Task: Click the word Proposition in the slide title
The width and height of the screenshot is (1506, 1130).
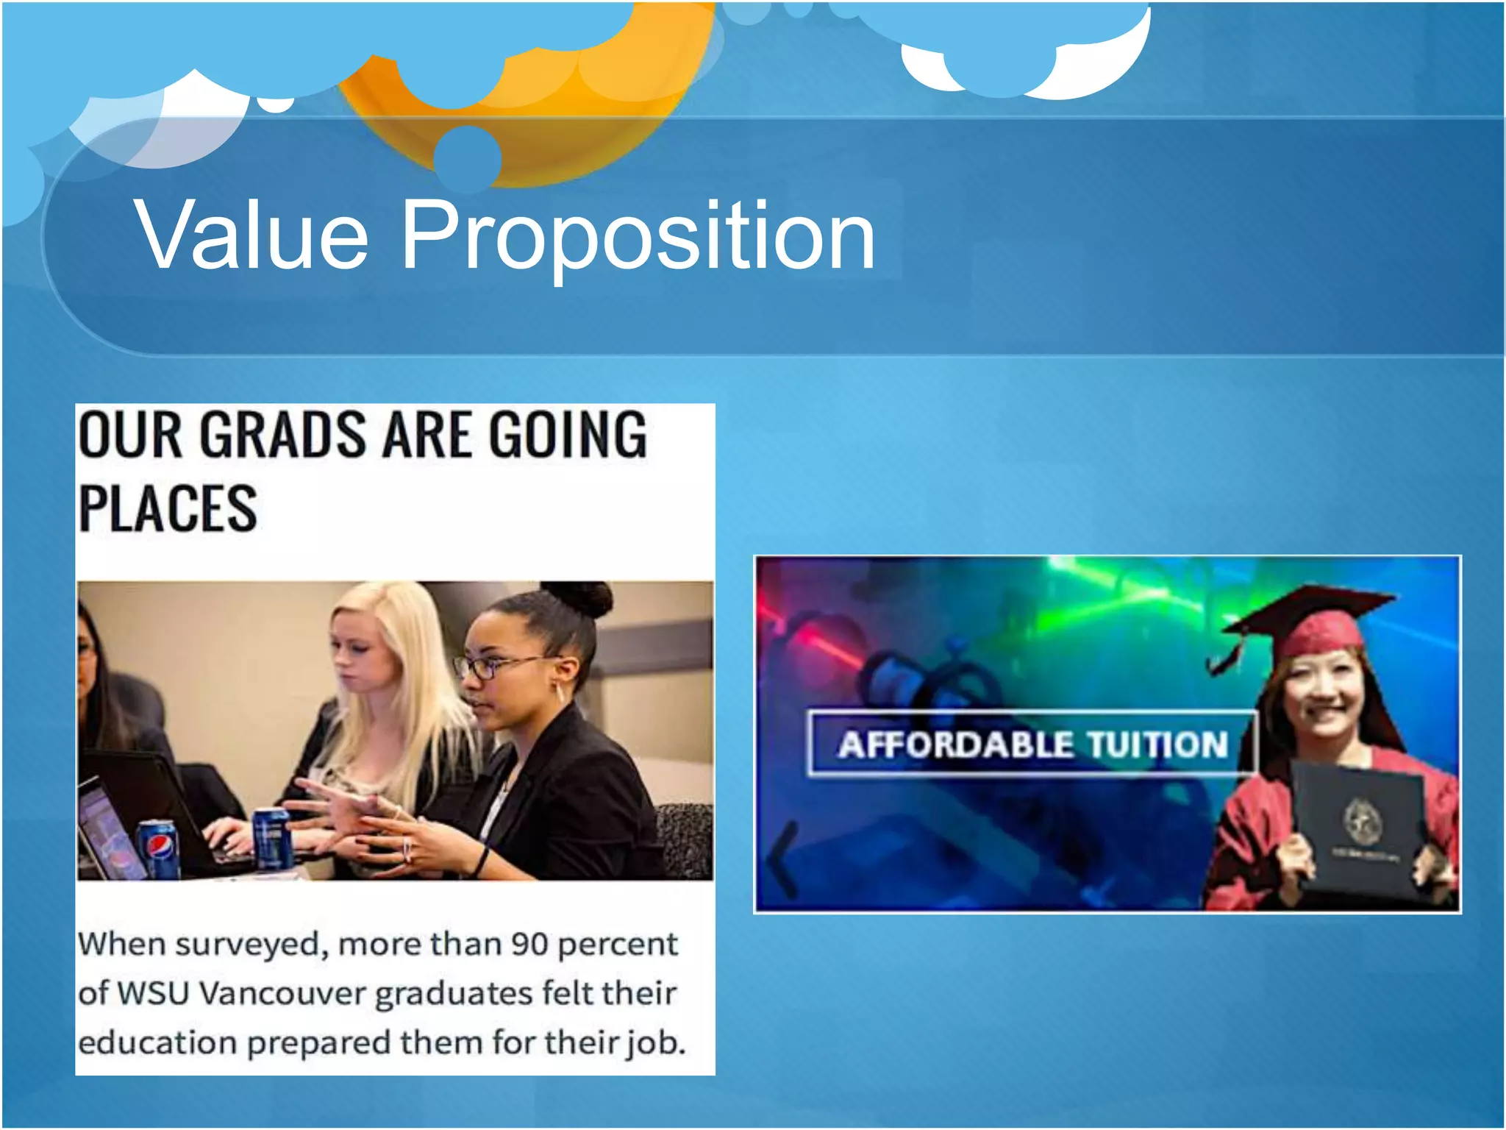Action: pos(638,237)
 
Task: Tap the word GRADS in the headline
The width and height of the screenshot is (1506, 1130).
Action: pos(282,435)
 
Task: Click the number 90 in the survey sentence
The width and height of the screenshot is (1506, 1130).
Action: pos(529,944)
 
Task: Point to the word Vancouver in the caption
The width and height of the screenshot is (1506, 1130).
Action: pos(282,993)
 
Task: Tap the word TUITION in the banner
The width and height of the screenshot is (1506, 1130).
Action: pos(1157,745)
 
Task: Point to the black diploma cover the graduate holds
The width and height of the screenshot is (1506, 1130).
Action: pos(1357,828)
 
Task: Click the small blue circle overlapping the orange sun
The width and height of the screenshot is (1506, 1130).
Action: pos(467,157)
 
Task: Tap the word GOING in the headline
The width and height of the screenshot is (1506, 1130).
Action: pos(568,435)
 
